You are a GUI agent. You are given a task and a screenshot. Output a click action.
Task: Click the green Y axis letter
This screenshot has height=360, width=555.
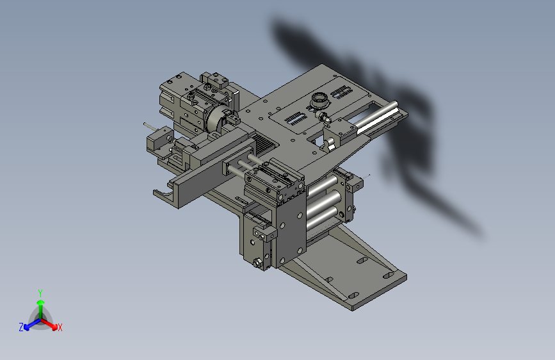[40, 293]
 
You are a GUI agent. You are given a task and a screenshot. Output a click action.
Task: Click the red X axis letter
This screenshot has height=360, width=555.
[60, 327]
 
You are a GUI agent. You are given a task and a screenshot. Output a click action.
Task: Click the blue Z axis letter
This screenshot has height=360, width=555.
[21, 327]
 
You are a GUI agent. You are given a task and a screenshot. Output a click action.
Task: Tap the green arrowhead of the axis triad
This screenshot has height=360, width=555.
[41, 303]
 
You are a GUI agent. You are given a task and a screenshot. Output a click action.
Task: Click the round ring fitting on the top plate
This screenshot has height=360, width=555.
[320, 99]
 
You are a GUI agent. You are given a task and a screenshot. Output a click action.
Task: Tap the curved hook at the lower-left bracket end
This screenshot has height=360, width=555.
[163, 195]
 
